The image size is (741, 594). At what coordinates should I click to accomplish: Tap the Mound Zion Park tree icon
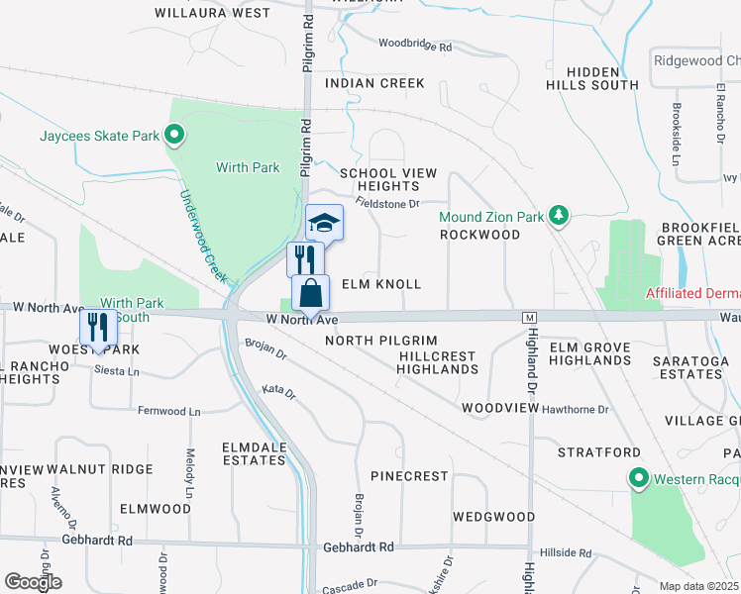tap(559, 215)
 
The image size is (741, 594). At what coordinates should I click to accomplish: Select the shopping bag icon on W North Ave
tap(310, 294)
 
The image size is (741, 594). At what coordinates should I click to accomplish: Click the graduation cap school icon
tap(324, 224)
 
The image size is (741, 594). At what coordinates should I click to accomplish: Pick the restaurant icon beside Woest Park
tap(98, 326)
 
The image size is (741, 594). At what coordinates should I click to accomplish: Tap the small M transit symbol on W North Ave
tap(530, 317)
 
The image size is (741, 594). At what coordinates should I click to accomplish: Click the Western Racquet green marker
tap(640, 480)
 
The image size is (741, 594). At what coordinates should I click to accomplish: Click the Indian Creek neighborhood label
tap(375, 83)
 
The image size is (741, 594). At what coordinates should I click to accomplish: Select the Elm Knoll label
tap(381, 284)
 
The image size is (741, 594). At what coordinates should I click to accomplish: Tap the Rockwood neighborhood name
tap(480, 235)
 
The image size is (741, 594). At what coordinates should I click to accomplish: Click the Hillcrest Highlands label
tap(437, 362)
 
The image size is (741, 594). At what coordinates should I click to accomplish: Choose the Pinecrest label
tap(410, 476)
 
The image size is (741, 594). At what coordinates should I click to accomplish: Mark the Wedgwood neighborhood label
tap(494, 517)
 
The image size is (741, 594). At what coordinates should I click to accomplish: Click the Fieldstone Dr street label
tap(387, 204)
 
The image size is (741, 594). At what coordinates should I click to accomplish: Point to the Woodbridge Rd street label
tap(415, 47)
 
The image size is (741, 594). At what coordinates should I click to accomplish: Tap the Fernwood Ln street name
tap(168, 411)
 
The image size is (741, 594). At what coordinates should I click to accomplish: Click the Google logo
tap(33, 582)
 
